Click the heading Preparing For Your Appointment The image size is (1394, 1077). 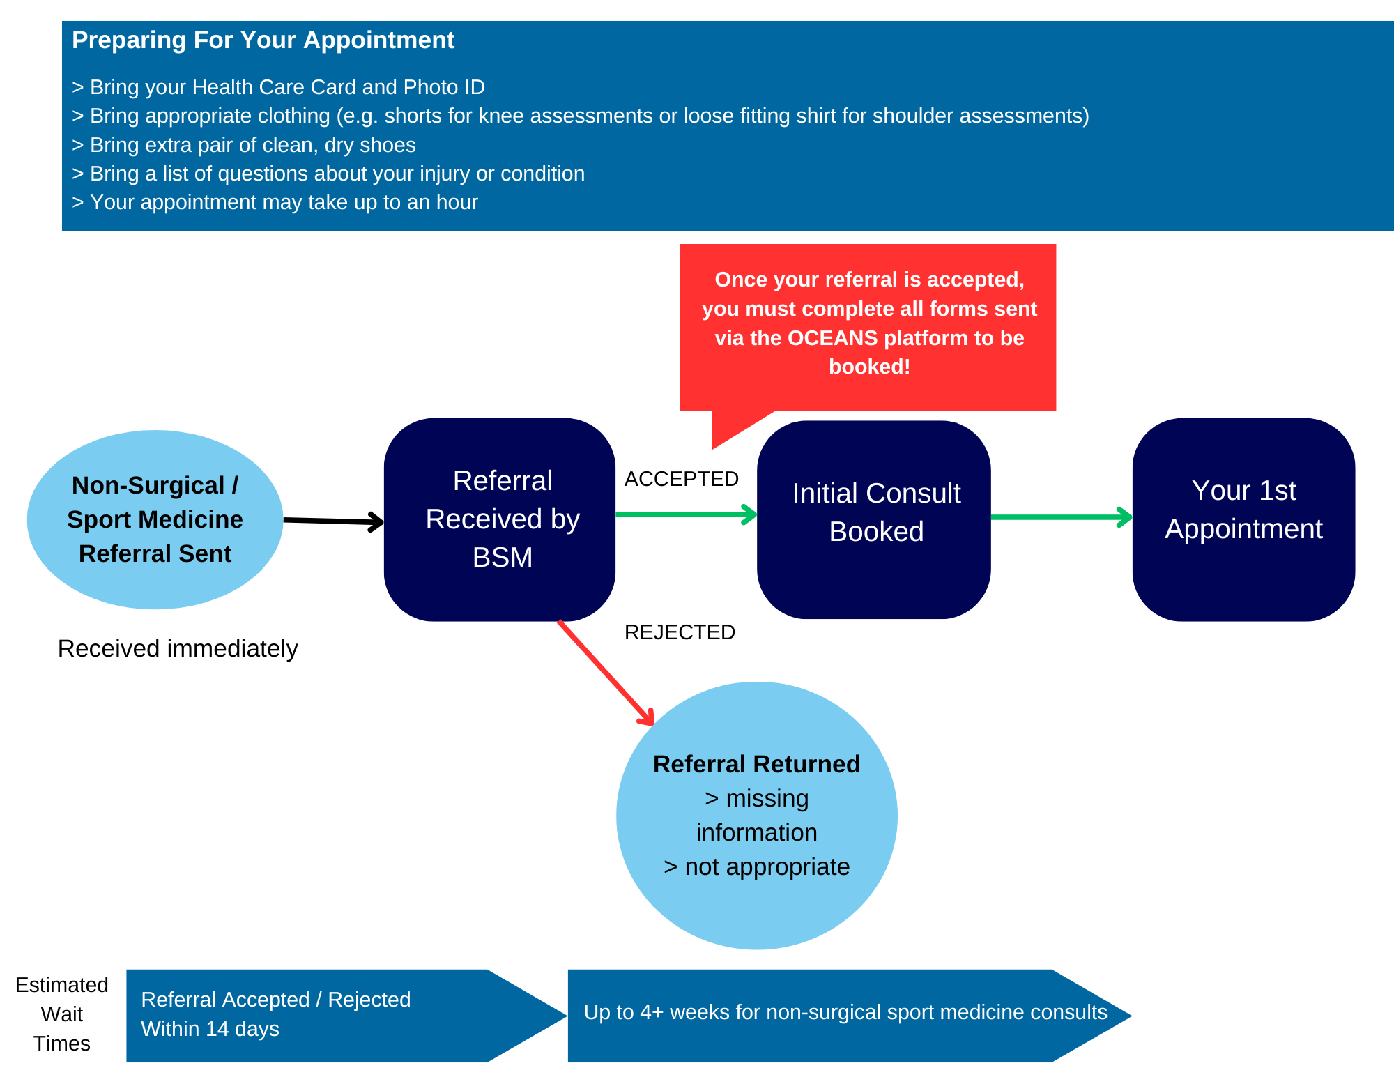click(x=263, y=40)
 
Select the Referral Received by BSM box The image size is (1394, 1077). click(x=500, y=519)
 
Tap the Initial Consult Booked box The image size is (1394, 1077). click(x=874, y=519)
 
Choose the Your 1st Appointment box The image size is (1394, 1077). click(x=1243, y=519)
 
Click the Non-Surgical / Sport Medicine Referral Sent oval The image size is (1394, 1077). click(x=155, y=519)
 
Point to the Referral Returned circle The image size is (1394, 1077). click(x=757, y=815)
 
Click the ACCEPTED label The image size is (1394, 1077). click(x=681, y=479)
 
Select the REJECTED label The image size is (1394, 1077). click(x=680, y=632)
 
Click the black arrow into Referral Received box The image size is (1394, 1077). click(x=333, y=521)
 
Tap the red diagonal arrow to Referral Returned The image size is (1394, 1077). click(x=605, y=672)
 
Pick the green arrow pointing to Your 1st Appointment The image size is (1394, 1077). click(x=1060, y=517)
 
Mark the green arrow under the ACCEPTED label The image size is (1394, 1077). click(x=686, y=514)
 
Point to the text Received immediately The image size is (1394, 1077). click(x=178, y=648)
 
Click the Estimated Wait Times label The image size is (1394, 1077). click(x=62, y=1014)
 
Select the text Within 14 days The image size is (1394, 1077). click(x=210, y=1029)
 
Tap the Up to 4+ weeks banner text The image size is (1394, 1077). click(x=845, y=1012)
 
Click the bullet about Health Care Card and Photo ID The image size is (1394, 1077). click(x=278, y=87)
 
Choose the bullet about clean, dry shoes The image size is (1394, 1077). click(x=244, y=145)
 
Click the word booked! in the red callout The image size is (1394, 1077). click(x=869, y=367)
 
